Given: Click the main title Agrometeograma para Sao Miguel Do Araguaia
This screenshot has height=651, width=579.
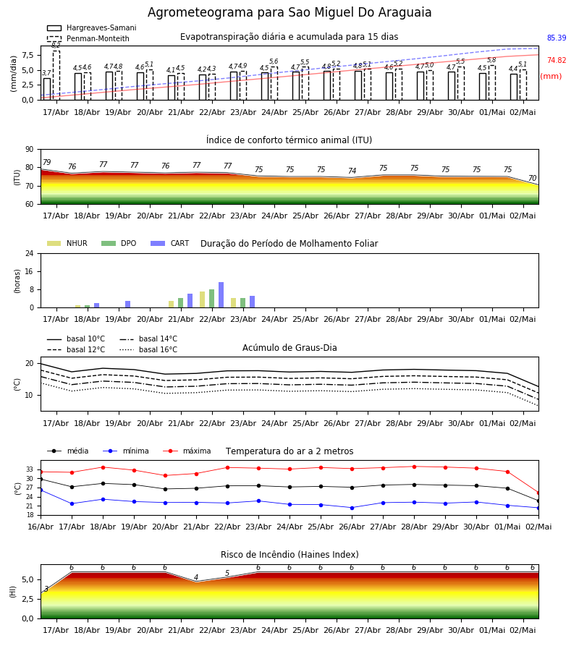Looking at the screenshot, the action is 289,12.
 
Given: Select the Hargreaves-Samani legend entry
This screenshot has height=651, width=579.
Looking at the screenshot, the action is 91,27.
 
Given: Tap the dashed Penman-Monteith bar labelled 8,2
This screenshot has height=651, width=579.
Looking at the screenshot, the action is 56,75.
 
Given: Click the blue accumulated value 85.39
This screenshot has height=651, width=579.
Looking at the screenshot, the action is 557,38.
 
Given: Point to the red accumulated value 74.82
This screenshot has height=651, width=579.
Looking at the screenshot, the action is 557,60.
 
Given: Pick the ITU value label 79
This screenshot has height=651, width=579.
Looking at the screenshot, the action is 46,162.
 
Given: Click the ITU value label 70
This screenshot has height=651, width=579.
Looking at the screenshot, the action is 532,178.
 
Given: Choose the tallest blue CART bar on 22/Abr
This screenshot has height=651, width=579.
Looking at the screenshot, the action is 221,295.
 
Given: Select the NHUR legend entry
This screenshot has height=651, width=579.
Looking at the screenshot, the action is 67,243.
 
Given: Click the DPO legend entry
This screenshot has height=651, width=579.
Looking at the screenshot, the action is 119,243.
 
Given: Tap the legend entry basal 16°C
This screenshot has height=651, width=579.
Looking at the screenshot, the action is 148,349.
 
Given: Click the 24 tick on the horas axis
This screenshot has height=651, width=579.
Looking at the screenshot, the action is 30,253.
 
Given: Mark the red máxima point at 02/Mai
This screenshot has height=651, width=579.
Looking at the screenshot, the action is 538,493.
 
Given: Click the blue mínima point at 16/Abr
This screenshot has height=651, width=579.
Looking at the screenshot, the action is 41,490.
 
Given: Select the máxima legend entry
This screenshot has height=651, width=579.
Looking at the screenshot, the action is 187,451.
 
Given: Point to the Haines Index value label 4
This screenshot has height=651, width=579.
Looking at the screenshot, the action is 196,577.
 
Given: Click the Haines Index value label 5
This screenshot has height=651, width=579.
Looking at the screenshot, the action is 227,573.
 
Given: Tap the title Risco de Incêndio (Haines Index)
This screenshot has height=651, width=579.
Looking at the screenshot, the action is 289,555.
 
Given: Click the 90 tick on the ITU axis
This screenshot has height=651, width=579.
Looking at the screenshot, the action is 30,150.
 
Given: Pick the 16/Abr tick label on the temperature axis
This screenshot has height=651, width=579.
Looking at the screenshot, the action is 41,527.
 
